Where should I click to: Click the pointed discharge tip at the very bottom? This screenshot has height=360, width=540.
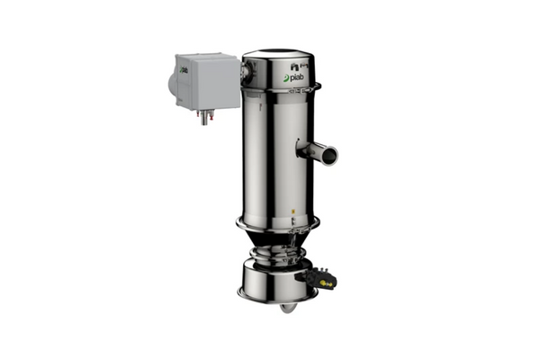pyautogui.click(x=285, y=309)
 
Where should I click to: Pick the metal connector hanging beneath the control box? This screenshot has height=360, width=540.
pyautogui.click(x=204, y=115)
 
